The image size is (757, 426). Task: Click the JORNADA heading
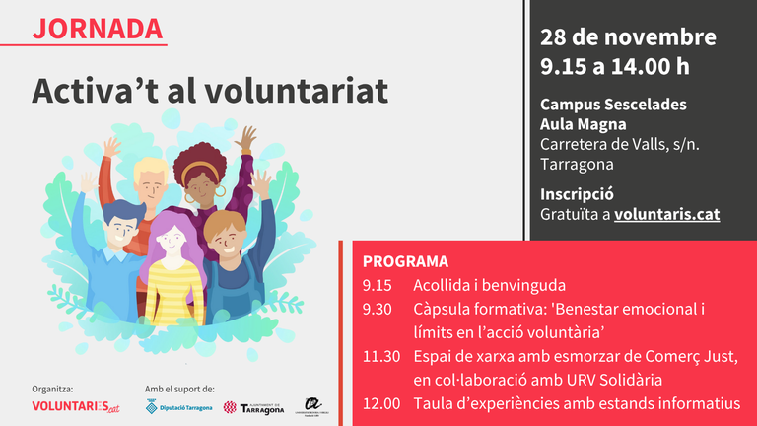pyautogui.click(x=98, y=28)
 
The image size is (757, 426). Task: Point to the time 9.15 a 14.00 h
pyautogui.click(x=614, y=66)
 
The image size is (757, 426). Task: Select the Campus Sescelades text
pyautogui.click(x=613, y=105)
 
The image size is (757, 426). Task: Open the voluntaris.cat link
pyautogui.click(x=666, y=212)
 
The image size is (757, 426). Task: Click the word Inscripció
pyautogui.click(x=578, y=192)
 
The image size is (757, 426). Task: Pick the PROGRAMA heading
pyautogui.click(x=405, y=262)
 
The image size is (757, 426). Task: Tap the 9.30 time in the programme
pyautogui.click(x=377, y=309)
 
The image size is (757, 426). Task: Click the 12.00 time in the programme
pyautogui.click(x=380, y=403)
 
